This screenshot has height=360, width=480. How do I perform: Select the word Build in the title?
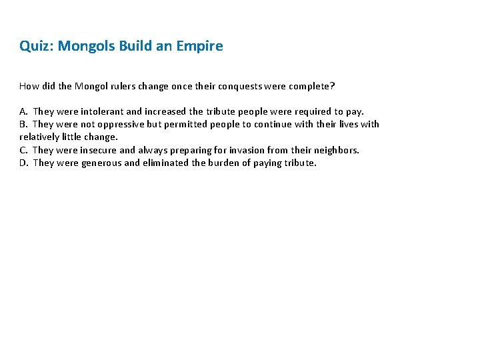pos(137,47)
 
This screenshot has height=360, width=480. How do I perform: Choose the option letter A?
pos(23,111)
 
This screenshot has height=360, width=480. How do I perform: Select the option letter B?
pos(23,124)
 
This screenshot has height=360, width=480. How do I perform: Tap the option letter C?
pos(23,150)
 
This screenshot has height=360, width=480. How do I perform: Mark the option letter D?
pos(23,163)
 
